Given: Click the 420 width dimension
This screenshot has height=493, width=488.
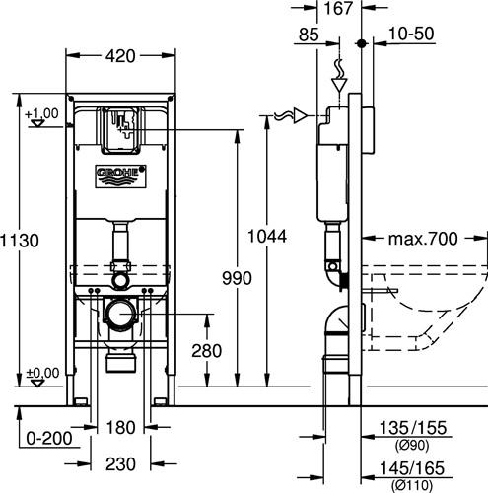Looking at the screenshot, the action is point(120,56).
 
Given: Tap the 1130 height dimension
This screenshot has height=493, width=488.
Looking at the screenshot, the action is point(20,241).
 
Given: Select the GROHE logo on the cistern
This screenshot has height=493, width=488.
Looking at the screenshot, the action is point(120,176).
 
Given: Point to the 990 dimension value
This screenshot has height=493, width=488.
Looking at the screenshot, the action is point(237,278).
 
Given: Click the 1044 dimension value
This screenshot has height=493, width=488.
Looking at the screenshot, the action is point(267,237).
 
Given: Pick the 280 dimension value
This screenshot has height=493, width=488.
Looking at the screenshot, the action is point(206,351).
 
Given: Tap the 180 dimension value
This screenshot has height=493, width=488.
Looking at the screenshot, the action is point(120,428).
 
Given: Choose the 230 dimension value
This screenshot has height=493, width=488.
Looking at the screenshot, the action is point(120,464).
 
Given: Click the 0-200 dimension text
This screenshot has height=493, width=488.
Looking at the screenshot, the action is point(49,438).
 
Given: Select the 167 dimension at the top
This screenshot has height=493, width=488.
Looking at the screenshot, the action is point(338,8).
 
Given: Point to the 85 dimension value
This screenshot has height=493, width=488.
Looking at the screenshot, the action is point(309,35).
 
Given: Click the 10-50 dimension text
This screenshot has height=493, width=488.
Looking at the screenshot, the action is point(411,34).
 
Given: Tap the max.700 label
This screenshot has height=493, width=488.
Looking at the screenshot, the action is point(423,239).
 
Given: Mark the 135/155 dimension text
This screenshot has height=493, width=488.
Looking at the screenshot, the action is point(413,428).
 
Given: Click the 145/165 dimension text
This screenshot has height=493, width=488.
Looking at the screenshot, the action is point(412,468).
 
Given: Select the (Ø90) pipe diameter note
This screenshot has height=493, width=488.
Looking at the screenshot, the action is point(412,446).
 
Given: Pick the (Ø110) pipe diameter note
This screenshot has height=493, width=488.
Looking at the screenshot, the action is point(412,485).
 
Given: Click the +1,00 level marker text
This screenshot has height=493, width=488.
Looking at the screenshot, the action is point(41,113).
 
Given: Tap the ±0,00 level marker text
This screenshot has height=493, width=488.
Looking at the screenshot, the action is point(42,373).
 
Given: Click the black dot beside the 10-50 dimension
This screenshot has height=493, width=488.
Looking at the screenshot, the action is point(362,43).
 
